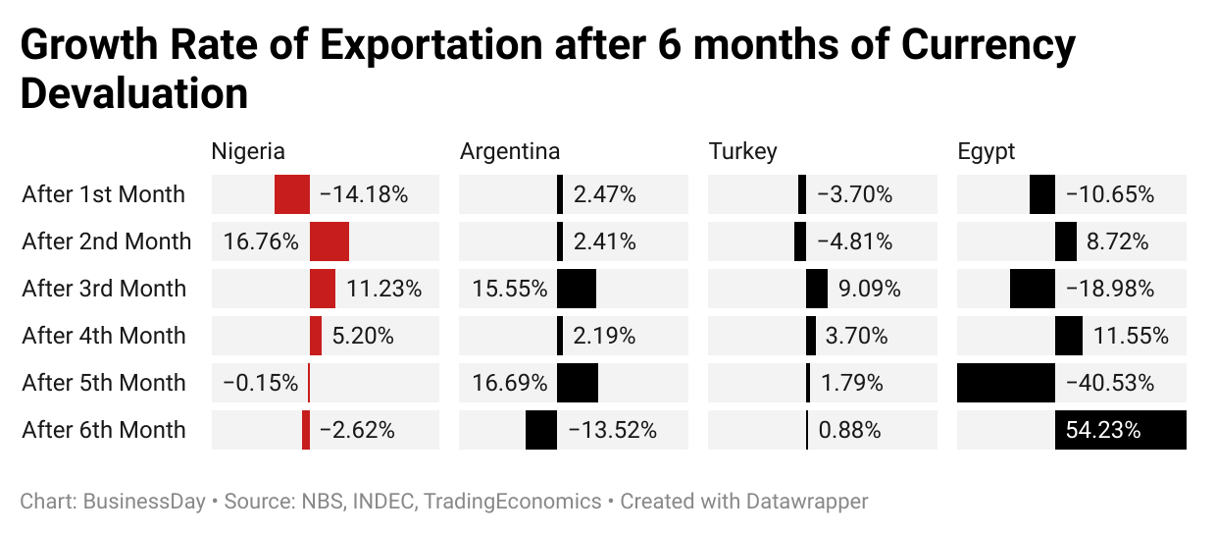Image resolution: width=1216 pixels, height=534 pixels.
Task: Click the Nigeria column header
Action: (248, 151)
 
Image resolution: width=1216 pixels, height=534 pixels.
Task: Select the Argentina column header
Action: (510, 151)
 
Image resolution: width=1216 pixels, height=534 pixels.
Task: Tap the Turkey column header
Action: (742, 151)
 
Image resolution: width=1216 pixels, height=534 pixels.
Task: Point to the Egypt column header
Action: (987, 151)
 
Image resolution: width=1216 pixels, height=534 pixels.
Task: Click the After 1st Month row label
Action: (103, 194)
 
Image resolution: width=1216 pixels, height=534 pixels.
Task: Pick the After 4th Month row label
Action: (103, 336)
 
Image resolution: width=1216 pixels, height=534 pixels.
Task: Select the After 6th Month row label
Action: (103, 430)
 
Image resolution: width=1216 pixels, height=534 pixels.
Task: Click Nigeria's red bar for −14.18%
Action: (292, 194)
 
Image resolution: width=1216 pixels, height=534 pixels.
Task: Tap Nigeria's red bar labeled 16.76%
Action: (329, 241)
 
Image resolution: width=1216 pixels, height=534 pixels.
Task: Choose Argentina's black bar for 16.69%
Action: (578, 383)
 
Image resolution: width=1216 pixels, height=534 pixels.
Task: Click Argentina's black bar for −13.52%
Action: (541, 430)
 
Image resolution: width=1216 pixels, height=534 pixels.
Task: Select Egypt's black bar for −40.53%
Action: (1006, 383)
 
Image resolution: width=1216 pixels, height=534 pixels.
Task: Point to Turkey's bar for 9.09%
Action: (817, 289)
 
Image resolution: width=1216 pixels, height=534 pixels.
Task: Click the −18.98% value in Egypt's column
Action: (1109, 289)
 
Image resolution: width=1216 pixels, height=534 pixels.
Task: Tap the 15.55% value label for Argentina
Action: (509, 289)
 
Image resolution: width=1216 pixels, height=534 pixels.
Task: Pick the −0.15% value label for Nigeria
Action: (260, 383)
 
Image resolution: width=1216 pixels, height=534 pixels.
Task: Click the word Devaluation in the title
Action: (134, 93)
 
